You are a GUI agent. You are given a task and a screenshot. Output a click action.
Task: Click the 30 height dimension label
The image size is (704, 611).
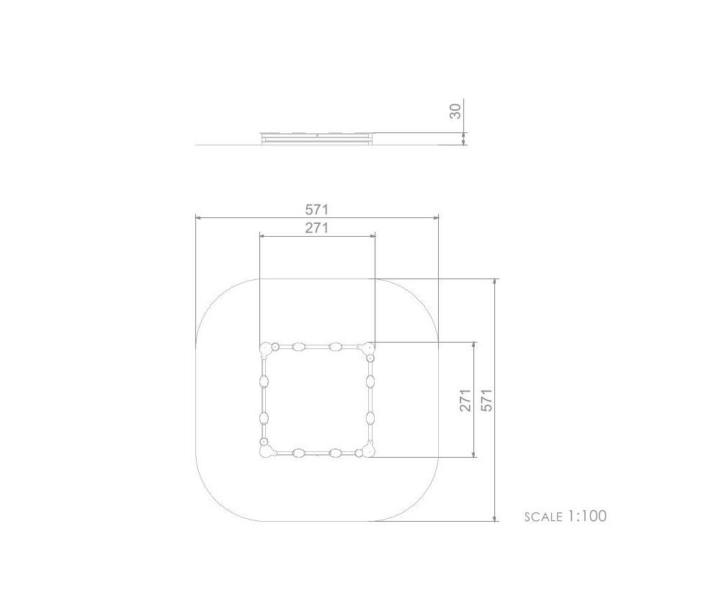(x=455, y=111)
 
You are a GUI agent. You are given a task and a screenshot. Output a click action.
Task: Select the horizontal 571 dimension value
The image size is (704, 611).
(x=317, y=209)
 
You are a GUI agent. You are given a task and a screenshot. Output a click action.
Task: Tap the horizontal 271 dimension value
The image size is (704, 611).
(x=317, y=228)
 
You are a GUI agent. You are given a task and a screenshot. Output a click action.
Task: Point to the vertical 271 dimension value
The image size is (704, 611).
(x=465, y=400)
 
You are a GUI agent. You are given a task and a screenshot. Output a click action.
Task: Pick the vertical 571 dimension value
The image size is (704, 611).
(x=486, y=400)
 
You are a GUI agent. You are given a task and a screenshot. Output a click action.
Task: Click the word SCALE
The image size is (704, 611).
(x=543, y=517)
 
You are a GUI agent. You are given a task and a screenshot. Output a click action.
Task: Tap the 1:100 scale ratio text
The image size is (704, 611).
(x=587, y=516)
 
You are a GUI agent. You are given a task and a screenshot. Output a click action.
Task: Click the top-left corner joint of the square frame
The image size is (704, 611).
(x=266, y=349)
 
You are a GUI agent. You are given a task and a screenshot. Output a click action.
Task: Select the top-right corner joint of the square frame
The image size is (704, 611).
(x=368, y=348)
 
